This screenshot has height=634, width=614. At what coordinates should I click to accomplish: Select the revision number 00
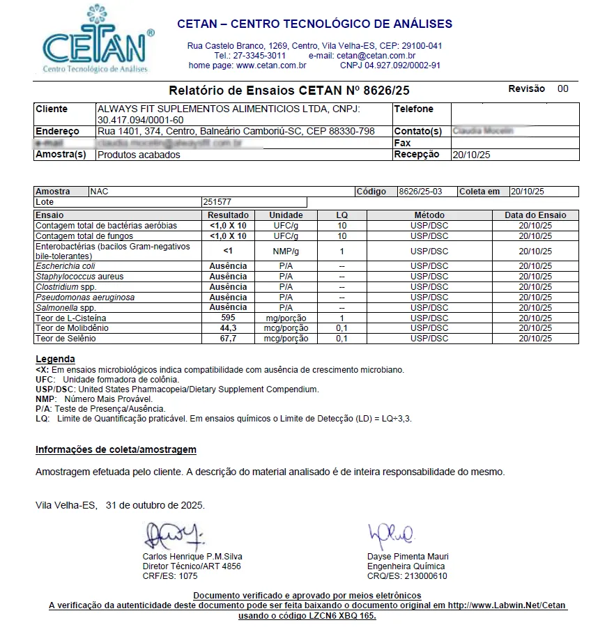(562, 88)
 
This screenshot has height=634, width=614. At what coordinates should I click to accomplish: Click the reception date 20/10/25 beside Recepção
(471, 155)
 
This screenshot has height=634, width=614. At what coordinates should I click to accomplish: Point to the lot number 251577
(217, 202)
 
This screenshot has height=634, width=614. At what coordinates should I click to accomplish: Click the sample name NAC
(100, 191)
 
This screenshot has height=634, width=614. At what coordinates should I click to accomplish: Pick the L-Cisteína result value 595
(228, 318)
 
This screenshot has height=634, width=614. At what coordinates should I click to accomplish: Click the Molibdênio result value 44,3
(228, 328)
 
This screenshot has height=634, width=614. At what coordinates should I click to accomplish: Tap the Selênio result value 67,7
(228, 339)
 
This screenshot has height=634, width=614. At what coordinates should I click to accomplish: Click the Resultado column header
(228, 215)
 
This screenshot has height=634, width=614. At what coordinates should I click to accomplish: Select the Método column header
(429, 215)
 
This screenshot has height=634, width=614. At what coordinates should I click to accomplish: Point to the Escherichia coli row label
(66, 266)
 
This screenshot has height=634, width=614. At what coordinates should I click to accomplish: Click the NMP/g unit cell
(286, 252)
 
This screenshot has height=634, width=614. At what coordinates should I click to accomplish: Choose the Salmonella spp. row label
(66, 308)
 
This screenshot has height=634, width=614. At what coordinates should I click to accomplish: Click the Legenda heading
(55, 359)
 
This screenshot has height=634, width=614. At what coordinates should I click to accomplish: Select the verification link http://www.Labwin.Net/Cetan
(507, 605)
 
